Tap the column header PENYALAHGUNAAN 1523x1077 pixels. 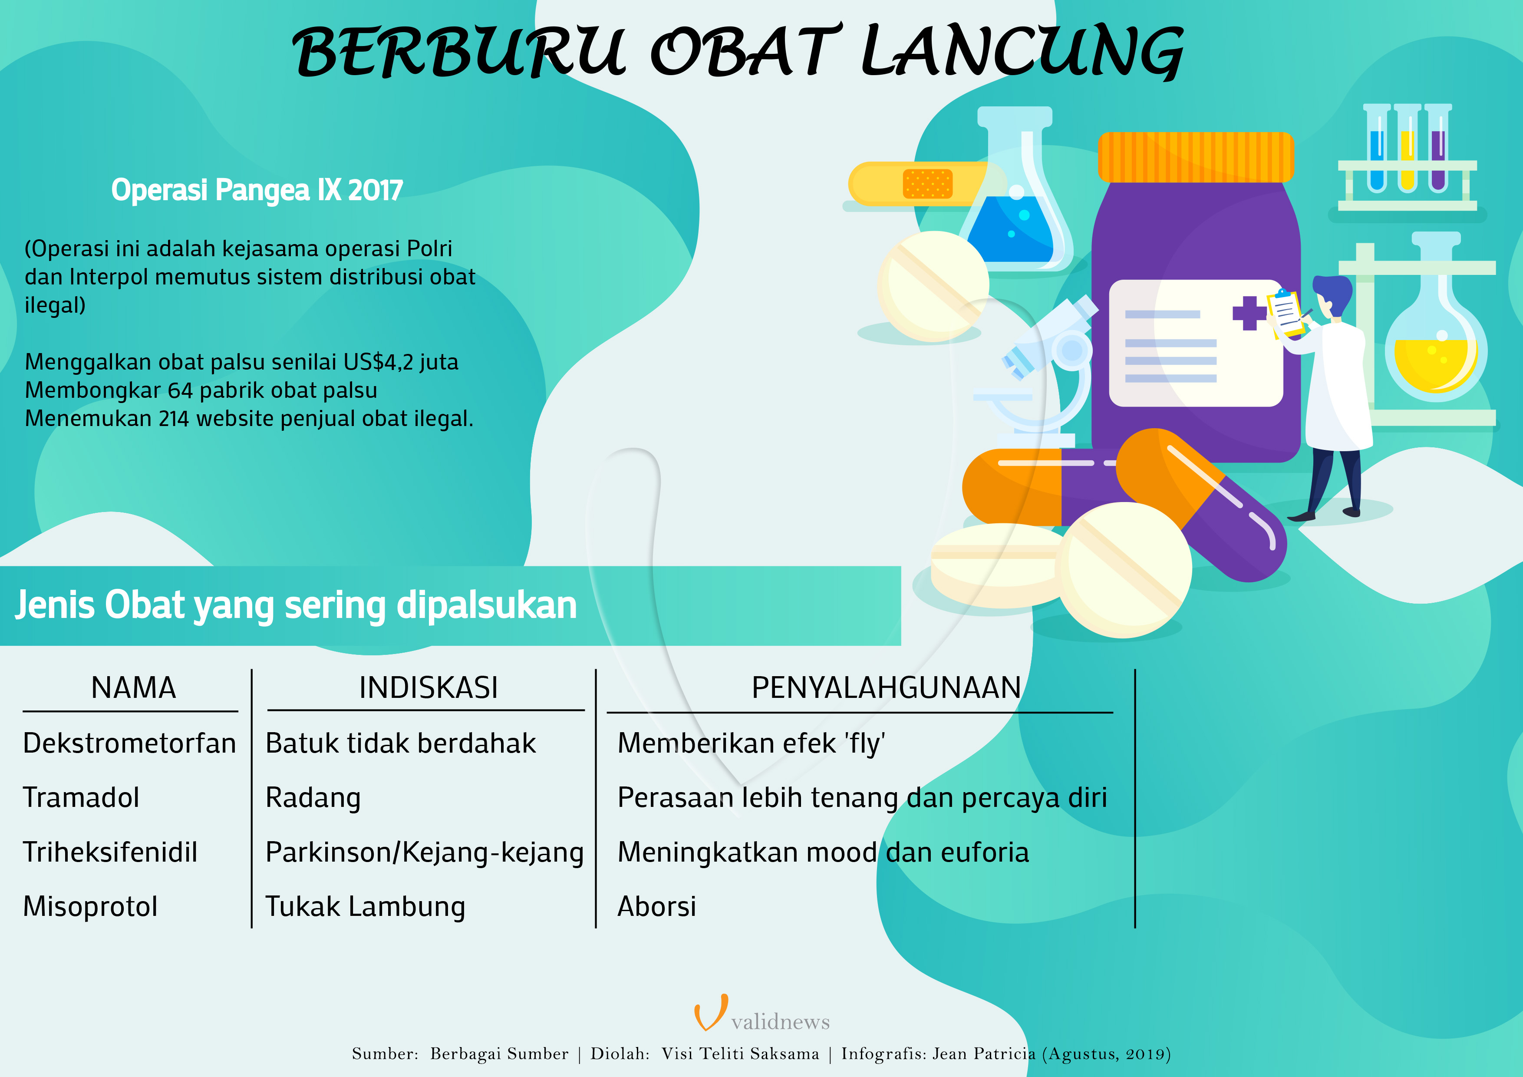coord(886,687)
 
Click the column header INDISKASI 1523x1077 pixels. coord(428,687)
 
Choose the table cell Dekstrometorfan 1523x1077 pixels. coord(129,743)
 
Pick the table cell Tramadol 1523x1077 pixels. coord(81,798)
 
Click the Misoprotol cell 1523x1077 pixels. coord(90,906)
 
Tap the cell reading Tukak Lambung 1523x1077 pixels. coord(365,906)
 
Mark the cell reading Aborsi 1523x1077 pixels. coord(657,906)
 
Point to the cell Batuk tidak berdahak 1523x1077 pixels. coord(400,743)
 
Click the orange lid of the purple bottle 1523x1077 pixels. coord(1195,157)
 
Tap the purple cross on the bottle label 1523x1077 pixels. coord(1249,313)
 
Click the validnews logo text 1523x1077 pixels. coord(780,1022)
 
